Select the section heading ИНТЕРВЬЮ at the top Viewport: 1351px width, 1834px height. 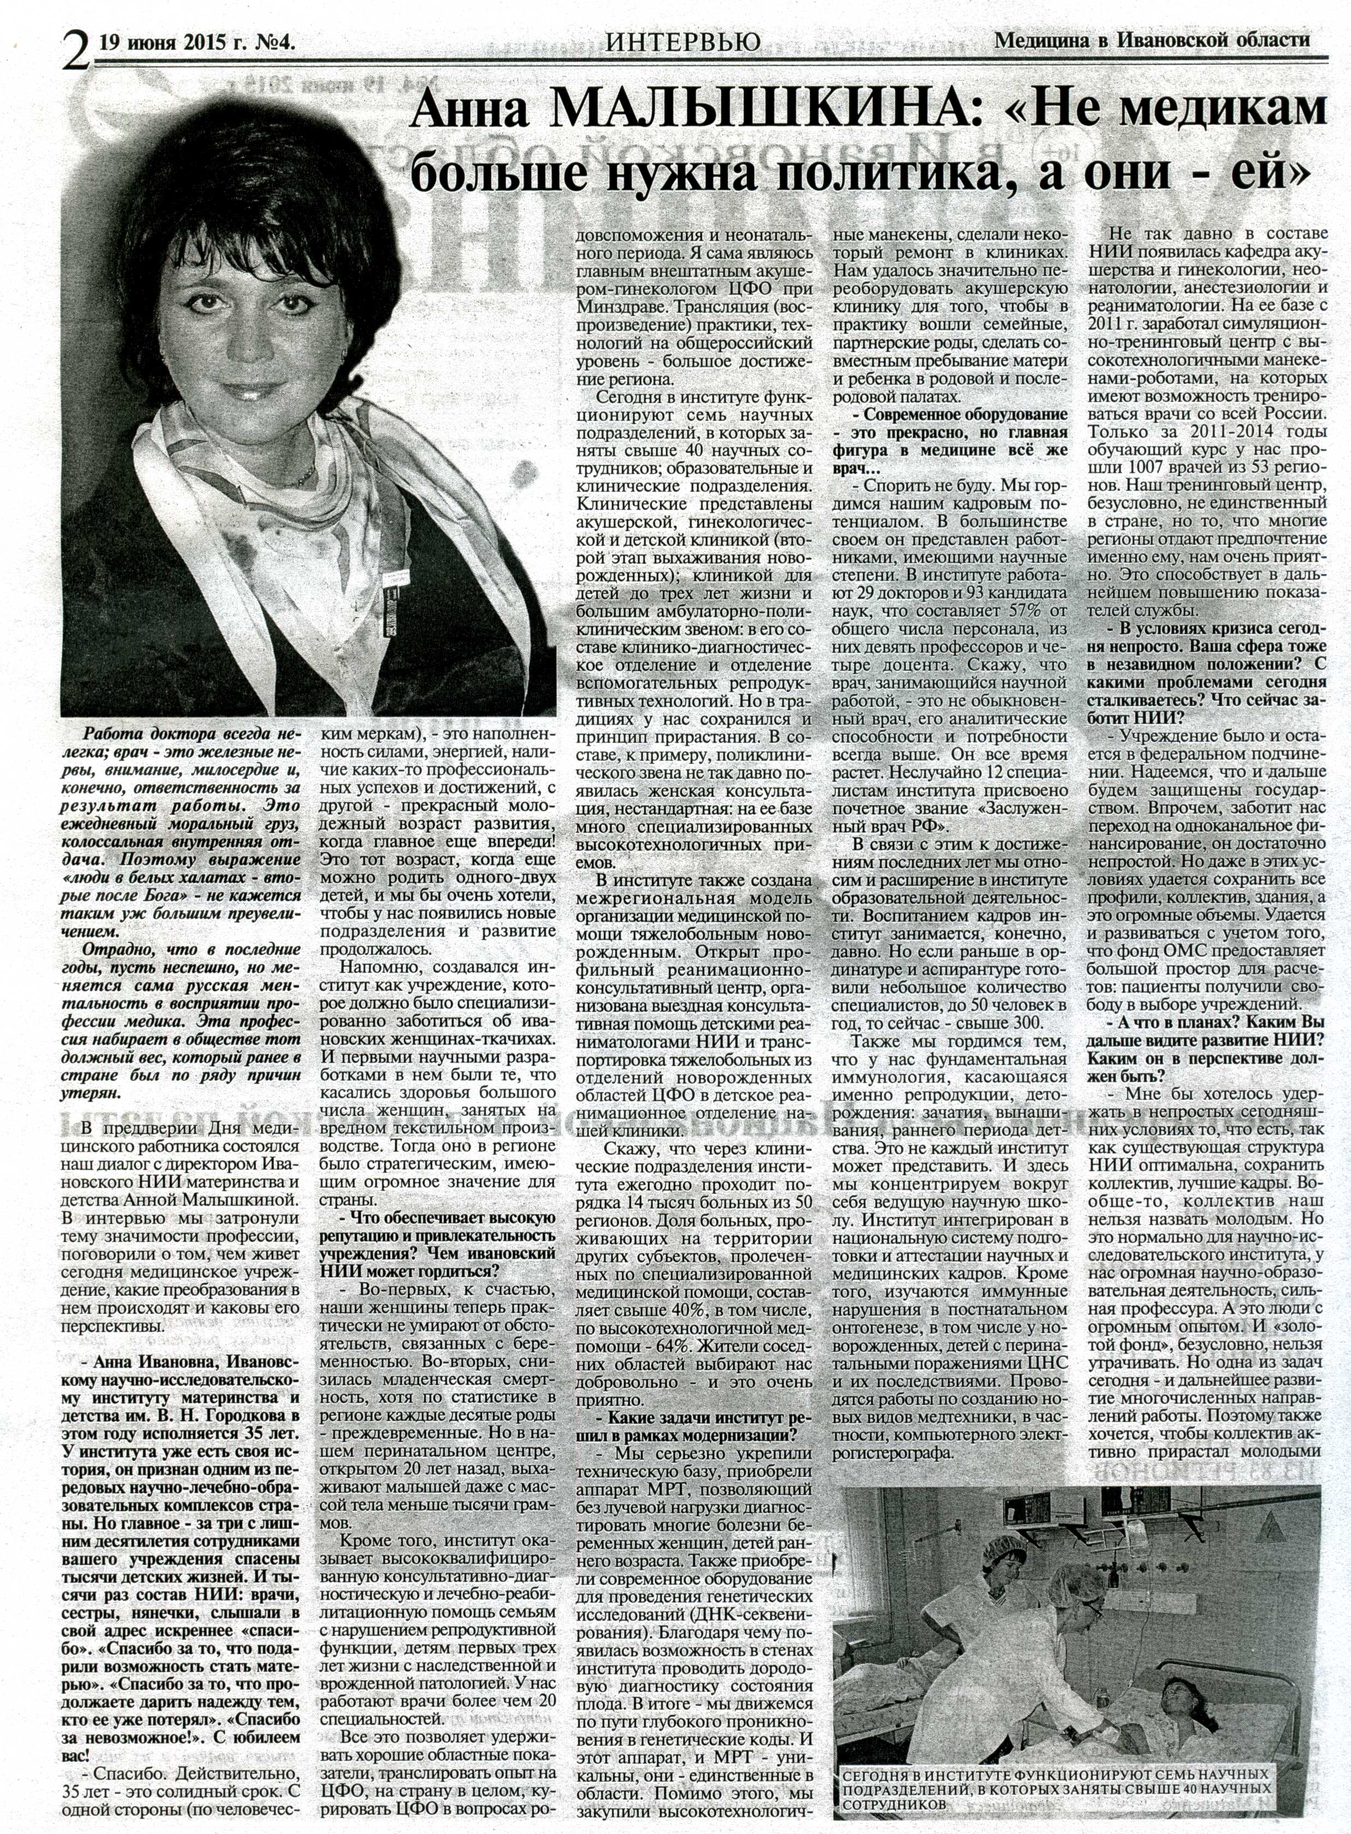(683, 41)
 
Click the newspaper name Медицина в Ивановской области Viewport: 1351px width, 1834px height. (1151, 39)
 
